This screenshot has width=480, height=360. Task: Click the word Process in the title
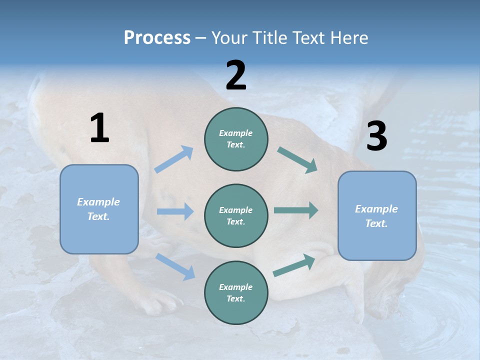157,38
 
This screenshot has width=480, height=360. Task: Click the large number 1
99,128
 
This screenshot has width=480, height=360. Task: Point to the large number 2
236,75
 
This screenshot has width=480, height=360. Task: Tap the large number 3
376,136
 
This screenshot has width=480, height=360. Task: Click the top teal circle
236,139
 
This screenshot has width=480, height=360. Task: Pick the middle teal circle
236,215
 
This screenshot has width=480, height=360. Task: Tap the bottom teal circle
236,292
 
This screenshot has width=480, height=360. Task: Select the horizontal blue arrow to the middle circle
175,211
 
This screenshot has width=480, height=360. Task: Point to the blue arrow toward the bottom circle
175,266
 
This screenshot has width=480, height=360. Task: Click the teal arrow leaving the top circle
297,160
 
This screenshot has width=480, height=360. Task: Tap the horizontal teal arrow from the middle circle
296,210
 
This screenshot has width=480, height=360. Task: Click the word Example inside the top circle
236,133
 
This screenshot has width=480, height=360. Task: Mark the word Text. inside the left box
98,216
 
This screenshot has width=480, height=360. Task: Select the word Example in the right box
376,209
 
